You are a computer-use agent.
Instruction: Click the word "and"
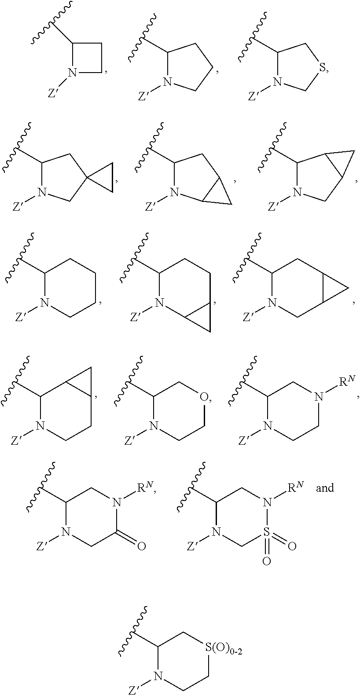pos(325,488)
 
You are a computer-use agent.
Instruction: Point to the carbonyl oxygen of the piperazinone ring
pos(141,547)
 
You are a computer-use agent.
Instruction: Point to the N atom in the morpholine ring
pos(153,426)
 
